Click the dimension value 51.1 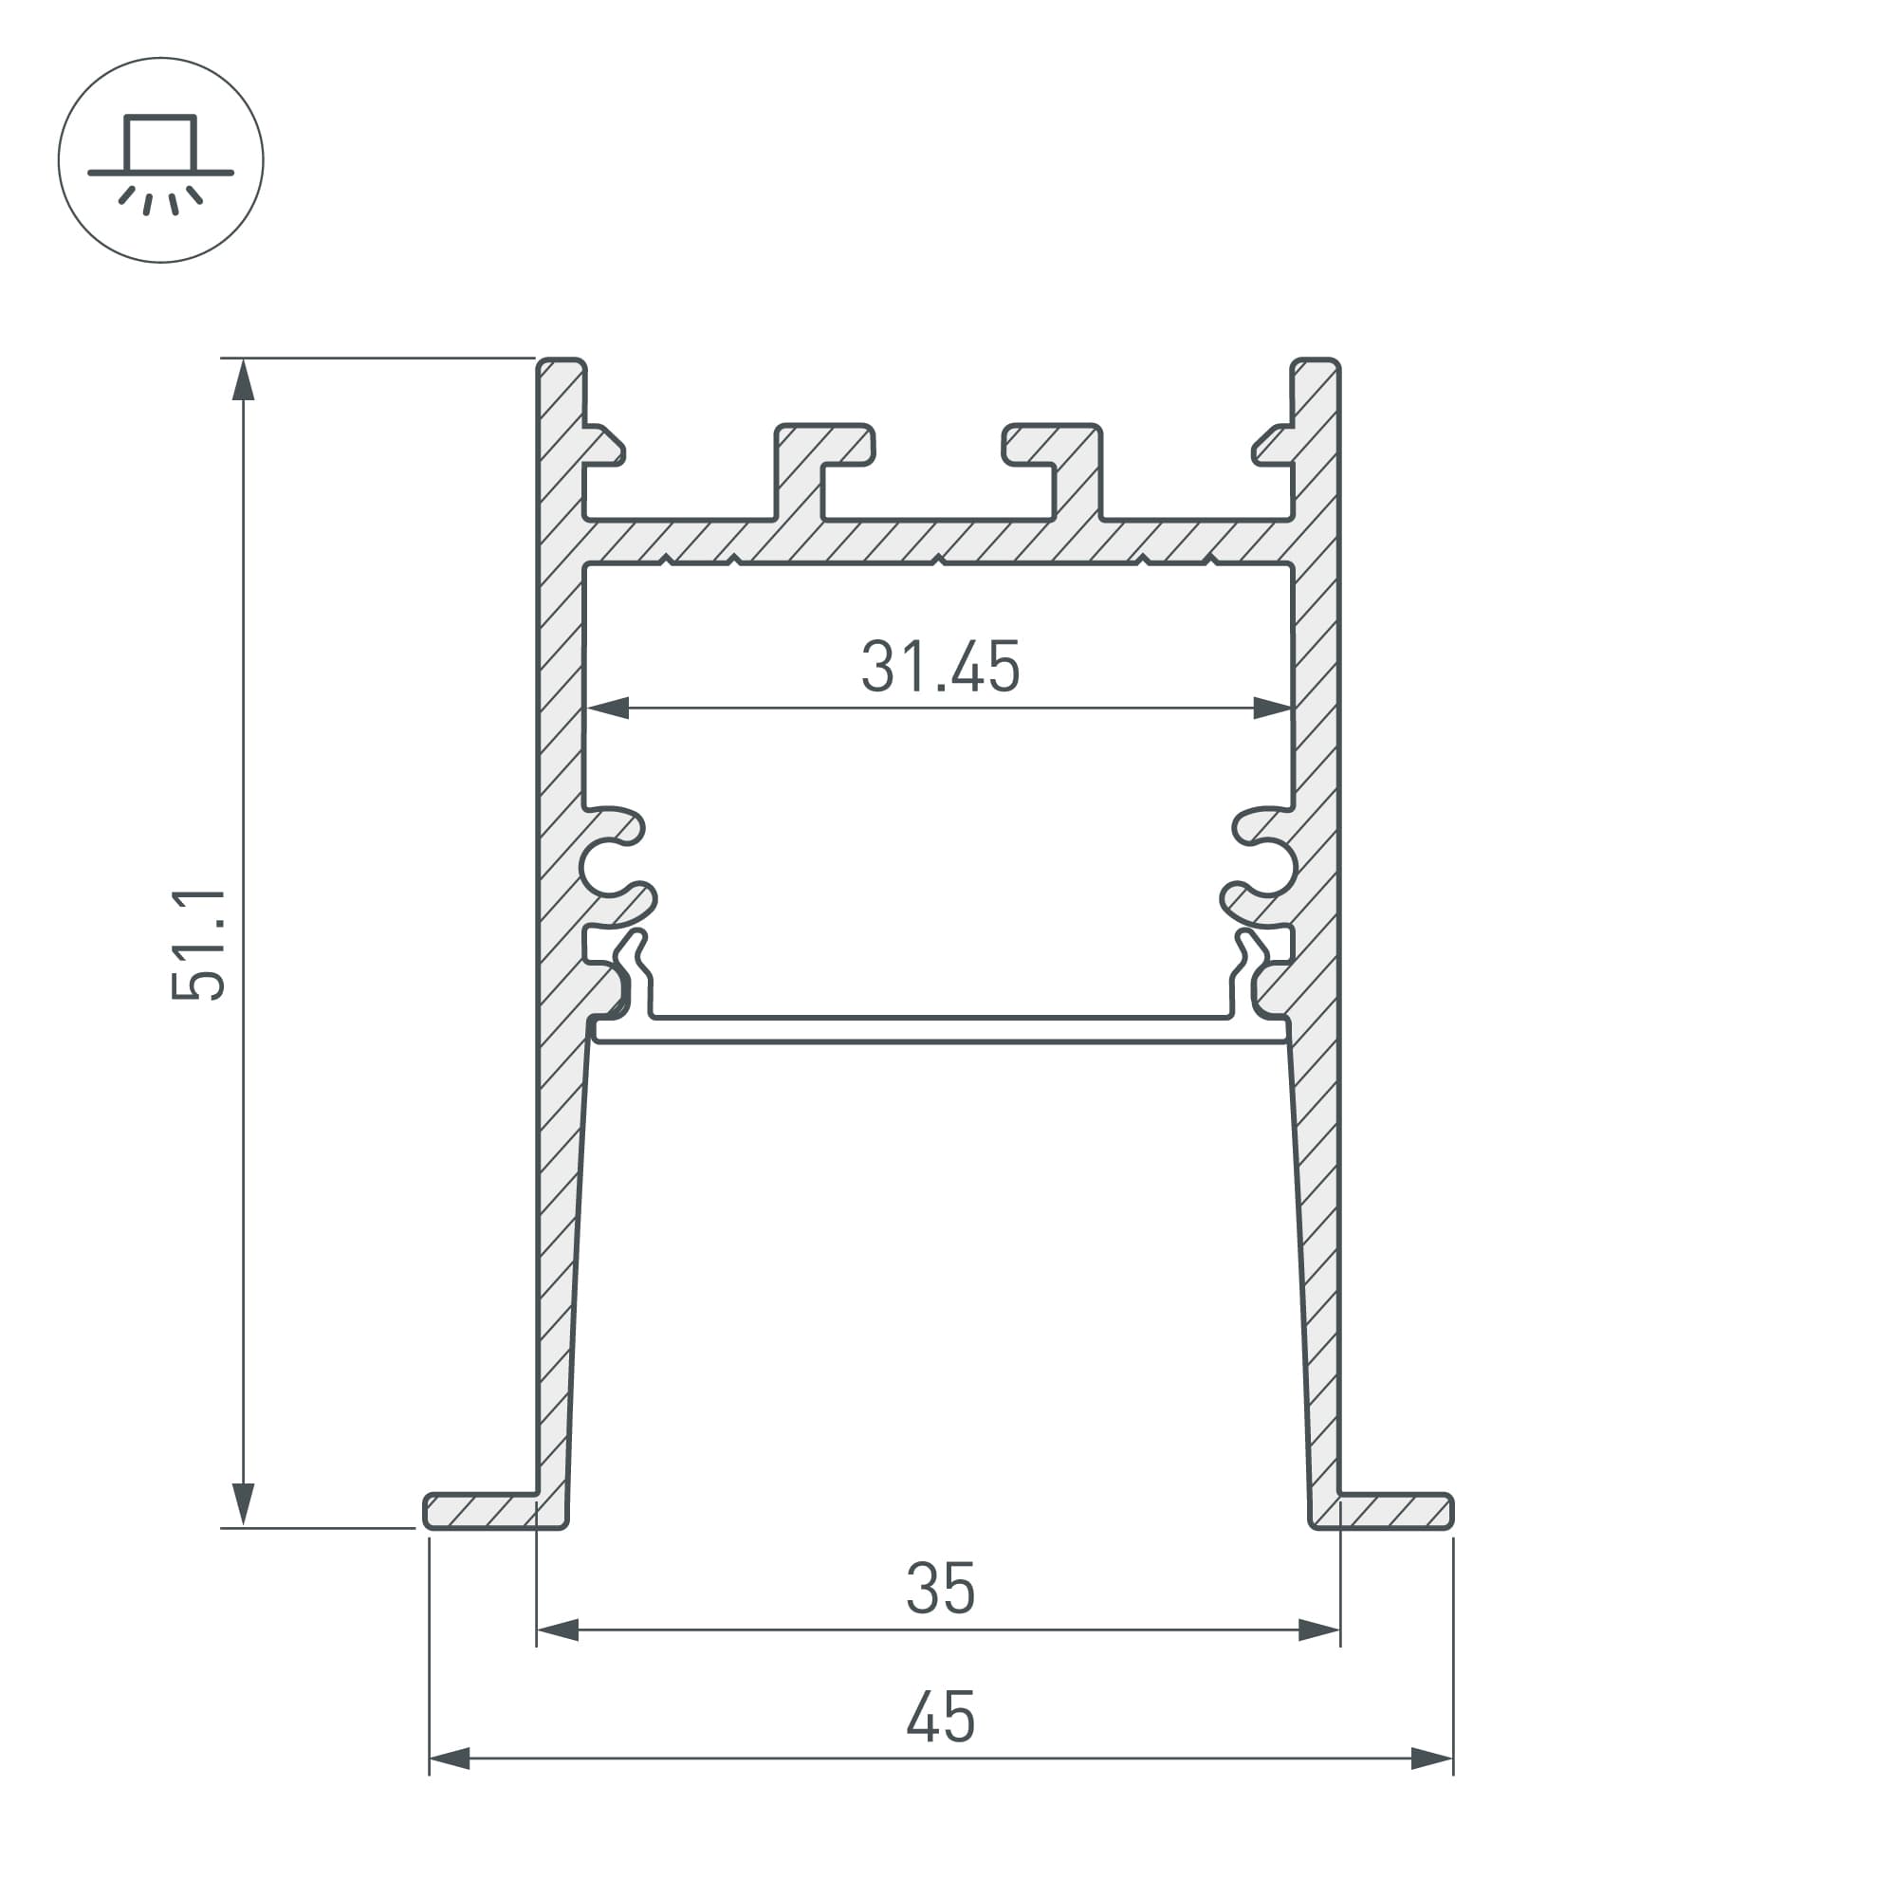tap(199, 945)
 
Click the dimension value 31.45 tap(940, 668)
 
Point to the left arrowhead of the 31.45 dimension tap(609, 708)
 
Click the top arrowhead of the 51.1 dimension tap(243, 381)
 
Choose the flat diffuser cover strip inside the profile tap(940, 1028)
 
